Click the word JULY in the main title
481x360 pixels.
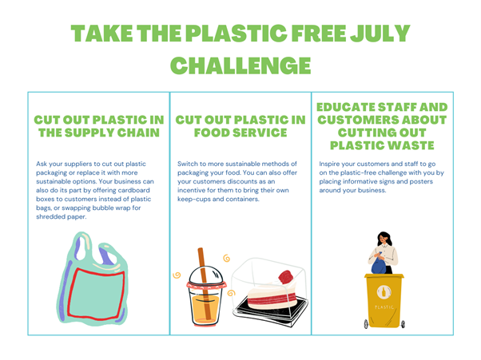click(380, 33)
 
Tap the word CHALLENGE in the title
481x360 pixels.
click(240, 65)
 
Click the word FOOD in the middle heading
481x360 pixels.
click(212, 133)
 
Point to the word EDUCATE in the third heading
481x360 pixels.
click(346, 107)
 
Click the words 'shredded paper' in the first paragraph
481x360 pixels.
click(61, 217)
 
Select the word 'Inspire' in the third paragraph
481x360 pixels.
click(329, 164)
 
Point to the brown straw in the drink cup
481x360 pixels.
click(204, 283)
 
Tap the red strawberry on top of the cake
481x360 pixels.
click(285, 277)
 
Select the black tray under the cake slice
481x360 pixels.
click(270, 310)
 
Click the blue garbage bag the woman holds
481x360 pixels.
click(379, 265)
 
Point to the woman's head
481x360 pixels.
click(384, 238)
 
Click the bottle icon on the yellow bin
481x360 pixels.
click(384, 291)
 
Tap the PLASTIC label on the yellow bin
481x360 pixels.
click(384, 307)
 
